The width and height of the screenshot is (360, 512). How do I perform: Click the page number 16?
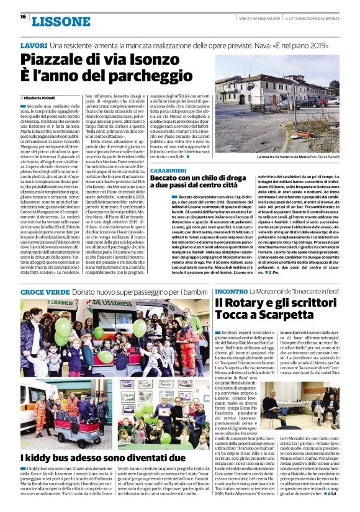click(22, 17)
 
